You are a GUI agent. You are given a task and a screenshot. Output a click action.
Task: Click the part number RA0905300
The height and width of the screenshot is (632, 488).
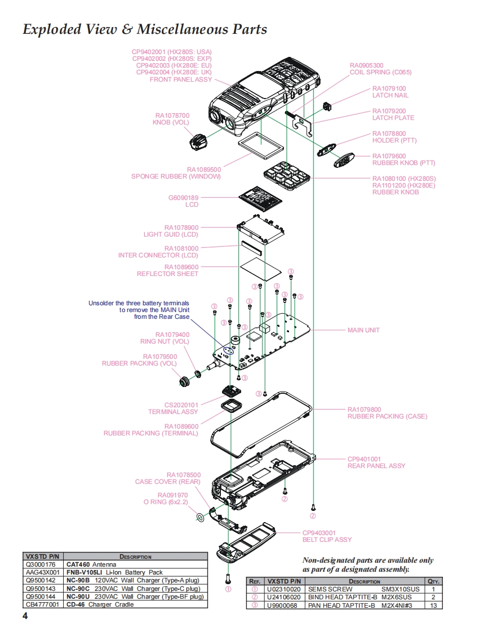tap(366, 65)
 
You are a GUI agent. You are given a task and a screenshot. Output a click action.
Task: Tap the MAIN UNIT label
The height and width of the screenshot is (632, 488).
tap(363, 330)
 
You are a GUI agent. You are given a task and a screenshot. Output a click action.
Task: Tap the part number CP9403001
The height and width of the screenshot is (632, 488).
tap(319, 533)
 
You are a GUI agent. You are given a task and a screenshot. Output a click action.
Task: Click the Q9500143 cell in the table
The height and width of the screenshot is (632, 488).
tap(41, 589)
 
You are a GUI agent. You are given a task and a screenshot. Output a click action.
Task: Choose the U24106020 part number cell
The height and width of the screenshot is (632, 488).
tap(284, 597)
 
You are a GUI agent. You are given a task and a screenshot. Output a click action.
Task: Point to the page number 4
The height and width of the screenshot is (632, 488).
tap(25, 616)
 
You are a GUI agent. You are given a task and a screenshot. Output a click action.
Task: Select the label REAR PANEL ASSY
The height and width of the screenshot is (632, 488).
tap(376, 466)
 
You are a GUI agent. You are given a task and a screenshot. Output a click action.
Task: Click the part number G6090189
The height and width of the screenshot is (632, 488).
tap(184, 198)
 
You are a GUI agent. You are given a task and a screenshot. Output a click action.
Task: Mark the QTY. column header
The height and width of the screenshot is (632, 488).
tap(433, 581)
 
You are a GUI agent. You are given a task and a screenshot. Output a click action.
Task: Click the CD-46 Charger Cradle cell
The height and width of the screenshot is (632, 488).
tap(100, 604)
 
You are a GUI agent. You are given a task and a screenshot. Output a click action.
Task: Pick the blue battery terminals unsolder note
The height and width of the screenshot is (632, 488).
tap(139, 310)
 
